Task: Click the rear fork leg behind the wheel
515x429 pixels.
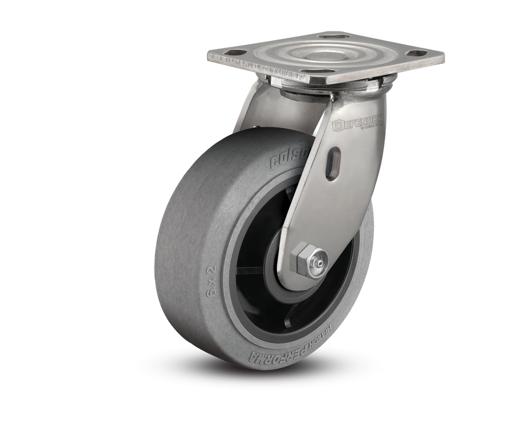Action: coord(247,108)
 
